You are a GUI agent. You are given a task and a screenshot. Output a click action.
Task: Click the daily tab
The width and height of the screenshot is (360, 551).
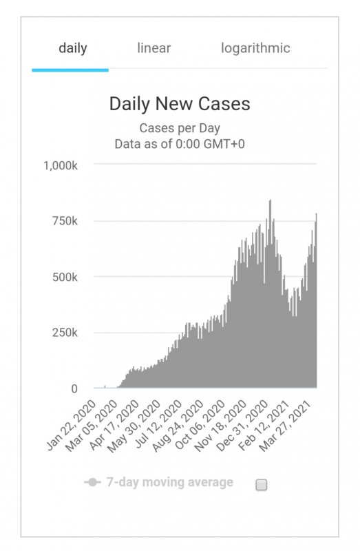tap(73, 48)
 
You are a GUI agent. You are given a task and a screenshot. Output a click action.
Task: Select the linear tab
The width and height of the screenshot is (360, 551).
tap(153, 48)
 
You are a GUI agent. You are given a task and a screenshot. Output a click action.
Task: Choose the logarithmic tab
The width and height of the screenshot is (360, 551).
tap(255, 48)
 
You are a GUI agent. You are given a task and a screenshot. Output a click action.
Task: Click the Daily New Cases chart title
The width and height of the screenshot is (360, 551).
tap(180, 104)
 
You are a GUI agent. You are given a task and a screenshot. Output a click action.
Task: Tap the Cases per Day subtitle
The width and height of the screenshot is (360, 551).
tap(180, 128)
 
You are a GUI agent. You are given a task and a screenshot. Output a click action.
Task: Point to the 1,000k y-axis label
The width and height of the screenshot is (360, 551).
tap(61, 165)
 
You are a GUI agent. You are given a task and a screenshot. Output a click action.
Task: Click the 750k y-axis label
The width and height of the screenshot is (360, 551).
tap(65, 221)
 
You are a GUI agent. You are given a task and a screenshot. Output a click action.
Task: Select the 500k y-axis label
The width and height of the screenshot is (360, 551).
tap(65, 277)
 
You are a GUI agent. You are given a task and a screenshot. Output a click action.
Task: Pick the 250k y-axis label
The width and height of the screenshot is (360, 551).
tap(65, 333)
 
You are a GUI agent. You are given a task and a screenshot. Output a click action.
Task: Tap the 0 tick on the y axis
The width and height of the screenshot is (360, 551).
tap(74, 388)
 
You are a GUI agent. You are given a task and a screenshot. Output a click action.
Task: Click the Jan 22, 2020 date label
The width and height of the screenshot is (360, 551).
tap(72, 425)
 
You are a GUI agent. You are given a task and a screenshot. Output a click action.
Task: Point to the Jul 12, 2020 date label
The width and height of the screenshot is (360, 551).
tap(158, 424)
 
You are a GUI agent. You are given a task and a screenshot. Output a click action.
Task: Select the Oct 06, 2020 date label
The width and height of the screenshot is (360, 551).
tap(200, 425)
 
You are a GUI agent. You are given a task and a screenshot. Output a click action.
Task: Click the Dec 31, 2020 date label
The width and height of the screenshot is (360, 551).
tap(243, 426)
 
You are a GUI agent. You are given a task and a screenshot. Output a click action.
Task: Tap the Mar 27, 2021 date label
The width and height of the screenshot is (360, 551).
tap(286, 426)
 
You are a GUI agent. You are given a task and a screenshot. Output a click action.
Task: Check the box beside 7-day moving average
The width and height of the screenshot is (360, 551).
tap(262, 485)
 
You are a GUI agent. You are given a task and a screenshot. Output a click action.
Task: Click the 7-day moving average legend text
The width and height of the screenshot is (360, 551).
tap(169, 482)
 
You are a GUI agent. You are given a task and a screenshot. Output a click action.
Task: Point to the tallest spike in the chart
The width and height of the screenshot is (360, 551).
tap(270, 201)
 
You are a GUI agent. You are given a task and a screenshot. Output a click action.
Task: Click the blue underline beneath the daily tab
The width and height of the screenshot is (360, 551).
tap(70, 70)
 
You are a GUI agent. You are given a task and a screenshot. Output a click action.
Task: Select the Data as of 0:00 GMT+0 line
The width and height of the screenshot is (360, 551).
tap(180, 144)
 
